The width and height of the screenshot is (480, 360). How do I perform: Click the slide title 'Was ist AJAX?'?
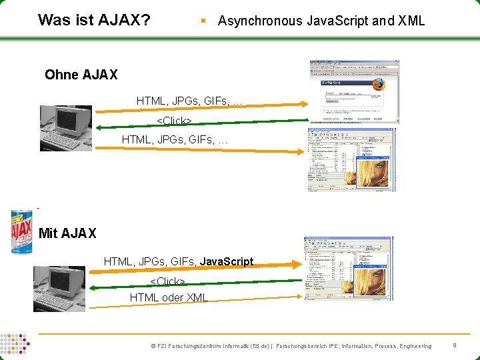click(x=94, y=20)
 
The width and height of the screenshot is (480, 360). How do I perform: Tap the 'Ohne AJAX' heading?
click(x=81, y=75)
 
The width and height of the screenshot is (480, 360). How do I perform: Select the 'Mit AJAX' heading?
click(x=67, y=233)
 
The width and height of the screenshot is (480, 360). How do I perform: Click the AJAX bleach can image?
click(x=21, y=231)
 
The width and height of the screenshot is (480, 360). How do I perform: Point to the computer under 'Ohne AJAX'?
click(x=65, y=128)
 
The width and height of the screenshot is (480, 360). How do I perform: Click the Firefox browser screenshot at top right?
click(x=355, y=92)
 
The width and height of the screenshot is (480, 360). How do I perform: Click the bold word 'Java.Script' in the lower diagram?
click(x=226, y=262)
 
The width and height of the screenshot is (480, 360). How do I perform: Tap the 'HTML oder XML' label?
click(x=169, y=297)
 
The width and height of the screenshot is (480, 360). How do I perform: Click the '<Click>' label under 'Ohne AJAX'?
click(x=174, y=121)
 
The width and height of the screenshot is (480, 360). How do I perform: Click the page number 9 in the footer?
click(x=454, y=345)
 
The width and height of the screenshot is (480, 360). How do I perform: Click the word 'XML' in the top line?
click(x=411, y=21)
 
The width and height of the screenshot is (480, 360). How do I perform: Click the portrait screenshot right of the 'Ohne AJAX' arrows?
click(x=351, y=160)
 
